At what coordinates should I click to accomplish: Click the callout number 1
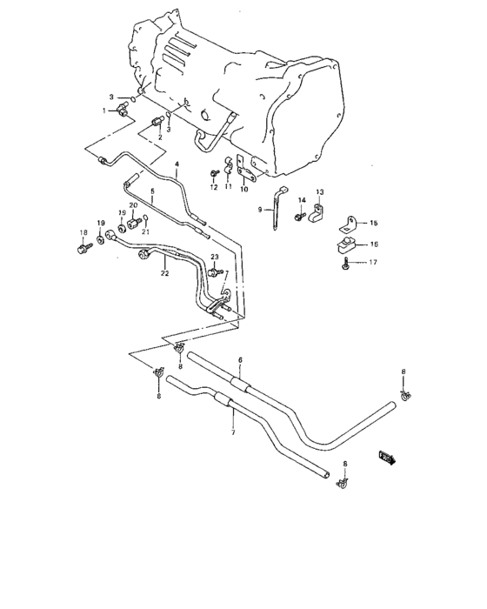coord(104,110)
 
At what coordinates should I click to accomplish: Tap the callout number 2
coord(160,137)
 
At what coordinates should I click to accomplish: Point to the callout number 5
coord(152,191)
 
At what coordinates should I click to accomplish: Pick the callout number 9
coord(259,211)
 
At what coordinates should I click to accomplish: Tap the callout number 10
coord(243,189)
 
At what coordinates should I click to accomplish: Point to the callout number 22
coord(163,273)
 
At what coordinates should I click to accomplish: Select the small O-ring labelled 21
coord(145,218)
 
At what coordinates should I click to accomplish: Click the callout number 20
coord(133,205)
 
